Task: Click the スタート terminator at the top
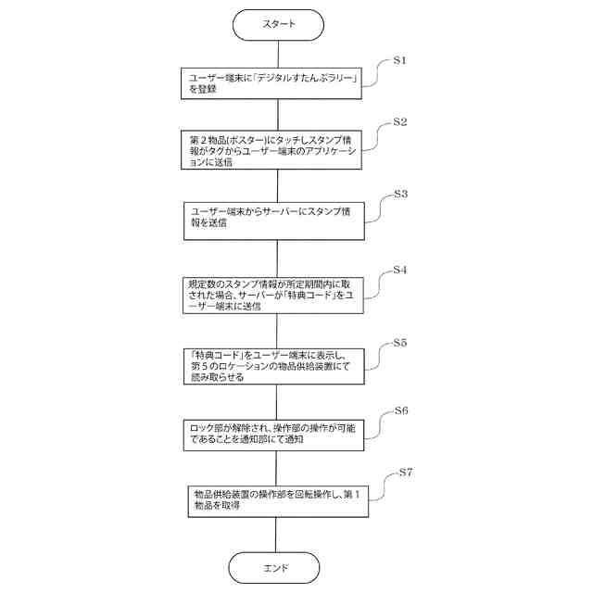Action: click(277, 24)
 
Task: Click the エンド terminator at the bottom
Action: click(277, 567)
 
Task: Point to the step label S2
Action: click(400, 121)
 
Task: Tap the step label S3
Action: click(400, 195)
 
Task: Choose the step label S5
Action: click(400, 343)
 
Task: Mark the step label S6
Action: click(401, 410)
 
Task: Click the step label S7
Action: click(404, 473)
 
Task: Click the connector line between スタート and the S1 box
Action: click(277, 54)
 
